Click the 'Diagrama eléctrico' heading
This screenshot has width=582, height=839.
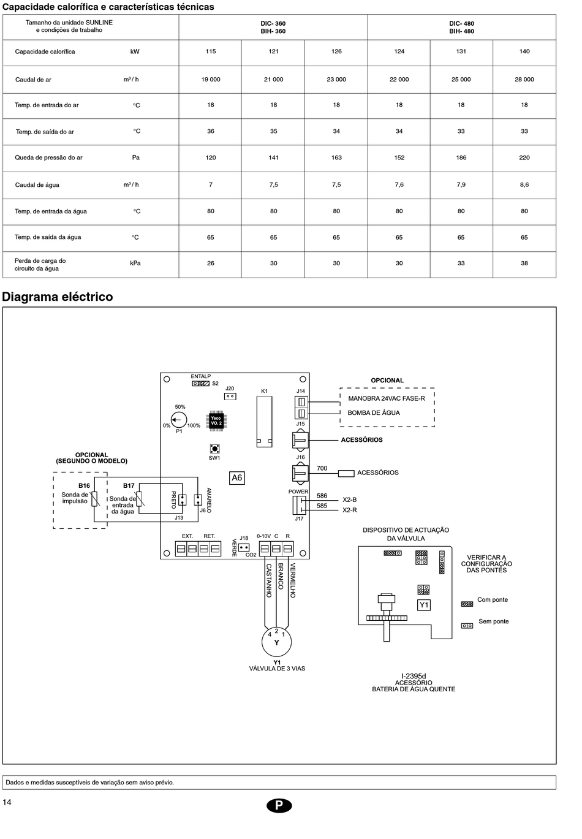pos(58,297)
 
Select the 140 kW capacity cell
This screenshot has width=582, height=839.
pos(524,51)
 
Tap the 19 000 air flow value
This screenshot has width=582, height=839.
pos(211,80)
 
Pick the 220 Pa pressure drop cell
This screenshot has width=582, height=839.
pos(524,158)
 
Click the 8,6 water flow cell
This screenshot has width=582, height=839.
pos(524,184)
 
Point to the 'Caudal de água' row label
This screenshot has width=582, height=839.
pos(37,185)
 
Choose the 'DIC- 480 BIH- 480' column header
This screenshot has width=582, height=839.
pos(461,28)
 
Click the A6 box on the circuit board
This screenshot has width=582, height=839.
pos(237,478)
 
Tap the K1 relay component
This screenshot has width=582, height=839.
pos(265,421)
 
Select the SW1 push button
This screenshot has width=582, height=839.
pos(214,449)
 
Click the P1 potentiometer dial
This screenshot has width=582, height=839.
pos(179,419)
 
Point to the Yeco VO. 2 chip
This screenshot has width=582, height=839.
pos(216,420)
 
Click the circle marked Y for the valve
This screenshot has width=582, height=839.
pos(276,642)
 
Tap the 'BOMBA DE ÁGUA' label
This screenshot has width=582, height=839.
pos(374,413)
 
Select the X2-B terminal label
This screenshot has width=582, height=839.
pos(349,500)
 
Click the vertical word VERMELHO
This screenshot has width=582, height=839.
pos(293,580)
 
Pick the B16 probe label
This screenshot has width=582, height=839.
pos(84,486)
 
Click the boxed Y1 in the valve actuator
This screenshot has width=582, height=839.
pos(424,605)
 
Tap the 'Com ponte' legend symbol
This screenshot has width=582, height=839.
pos(467,604)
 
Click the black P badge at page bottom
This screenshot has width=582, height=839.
pos(279,805)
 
